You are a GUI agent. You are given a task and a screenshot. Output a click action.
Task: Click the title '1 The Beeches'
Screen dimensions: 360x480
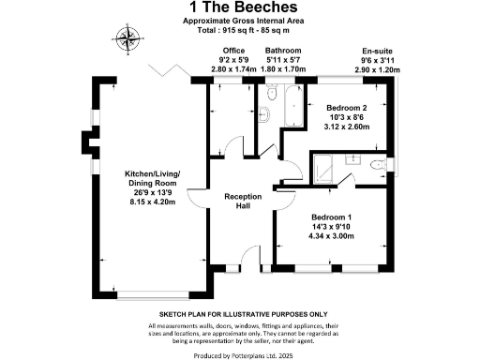pyautogui.click(x=239, y=8)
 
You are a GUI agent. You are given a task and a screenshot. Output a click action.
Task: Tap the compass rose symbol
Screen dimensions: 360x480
pyautogui.click(x=126, y=38)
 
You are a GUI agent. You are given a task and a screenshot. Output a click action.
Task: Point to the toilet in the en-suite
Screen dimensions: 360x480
pyautogui.click(x=379, y=165)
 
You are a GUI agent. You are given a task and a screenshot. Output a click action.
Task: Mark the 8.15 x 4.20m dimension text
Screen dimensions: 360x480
pyautogui.click(x=151, y=202)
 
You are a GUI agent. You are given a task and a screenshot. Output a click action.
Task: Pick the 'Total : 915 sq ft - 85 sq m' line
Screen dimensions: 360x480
pyautogui.click(x=239, y=31)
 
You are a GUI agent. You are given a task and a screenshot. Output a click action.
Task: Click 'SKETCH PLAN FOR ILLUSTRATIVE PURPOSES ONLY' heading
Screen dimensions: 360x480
pyautogui.click(x=239, y=315)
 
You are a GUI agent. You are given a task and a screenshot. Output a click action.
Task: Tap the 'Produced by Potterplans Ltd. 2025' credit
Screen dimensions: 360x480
pyautogui.click(x=239, y=354)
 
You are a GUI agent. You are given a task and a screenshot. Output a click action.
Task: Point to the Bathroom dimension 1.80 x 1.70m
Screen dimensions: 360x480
pyautogui.click(x=281, y=69)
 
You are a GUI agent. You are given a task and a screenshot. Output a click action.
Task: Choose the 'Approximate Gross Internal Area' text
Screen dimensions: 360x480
pyautogui.click(x=239, y=22)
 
